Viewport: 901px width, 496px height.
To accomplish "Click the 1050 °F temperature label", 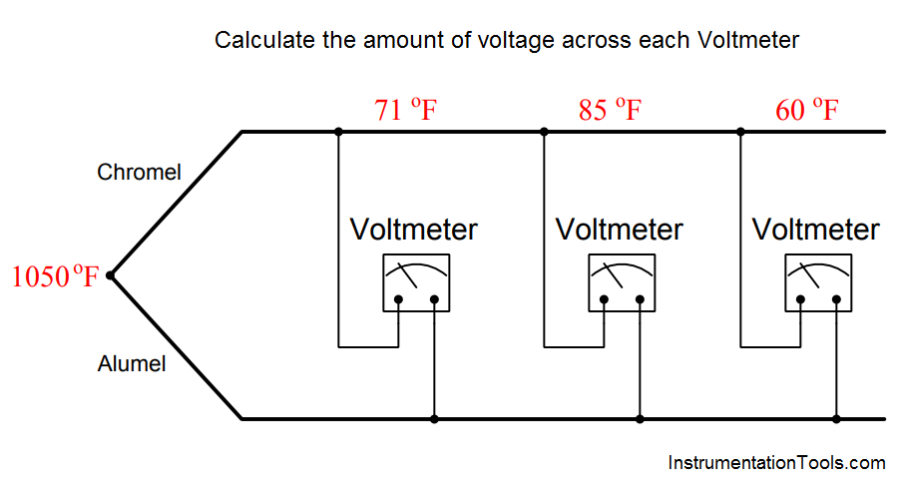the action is coord(55,275).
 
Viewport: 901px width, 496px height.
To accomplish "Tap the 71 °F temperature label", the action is coord(406,110).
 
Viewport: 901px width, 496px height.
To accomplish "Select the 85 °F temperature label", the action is coord(610,110).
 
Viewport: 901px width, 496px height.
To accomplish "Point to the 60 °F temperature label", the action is coord(807,110).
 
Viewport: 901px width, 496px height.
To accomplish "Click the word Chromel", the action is coord(139,172).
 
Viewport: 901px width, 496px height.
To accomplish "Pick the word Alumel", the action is coord(132,364).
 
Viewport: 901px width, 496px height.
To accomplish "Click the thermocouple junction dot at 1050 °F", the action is coord(111,275).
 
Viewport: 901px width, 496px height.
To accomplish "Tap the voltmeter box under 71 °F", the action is coord(417,282).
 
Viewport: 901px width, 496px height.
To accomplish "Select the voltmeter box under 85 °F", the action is coord(622,282).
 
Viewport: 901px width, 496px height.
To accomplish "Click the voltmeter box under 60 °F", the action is coord(818,282).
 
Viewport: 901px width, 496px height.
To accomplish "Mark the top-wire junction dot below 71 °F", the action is coord(338,132).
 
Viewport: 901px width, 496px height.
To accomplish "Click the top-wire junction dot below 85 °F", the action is coord(544,132).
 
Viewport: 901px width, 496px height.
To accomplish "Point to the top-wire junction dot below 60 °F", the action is coord(740,132).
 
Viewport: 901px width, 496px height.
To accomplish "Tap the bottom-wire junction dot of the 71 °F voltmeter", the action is coord(434,419).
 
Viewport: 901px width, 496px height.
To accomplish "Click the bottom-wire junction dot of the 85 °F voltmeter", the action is coord(641,419).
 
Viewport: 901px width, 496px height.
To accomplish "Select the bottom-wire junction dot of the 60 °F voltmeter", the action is coord(836,419).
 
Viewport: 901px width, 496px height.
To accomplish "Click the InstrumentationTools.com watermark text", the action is coord(777,463).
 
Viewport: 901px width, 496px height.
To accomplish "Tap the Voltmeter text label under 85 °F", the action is coord(619,230).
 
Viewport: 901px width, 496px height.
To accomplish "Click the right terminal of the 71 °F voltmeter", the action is coord(434,299).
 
